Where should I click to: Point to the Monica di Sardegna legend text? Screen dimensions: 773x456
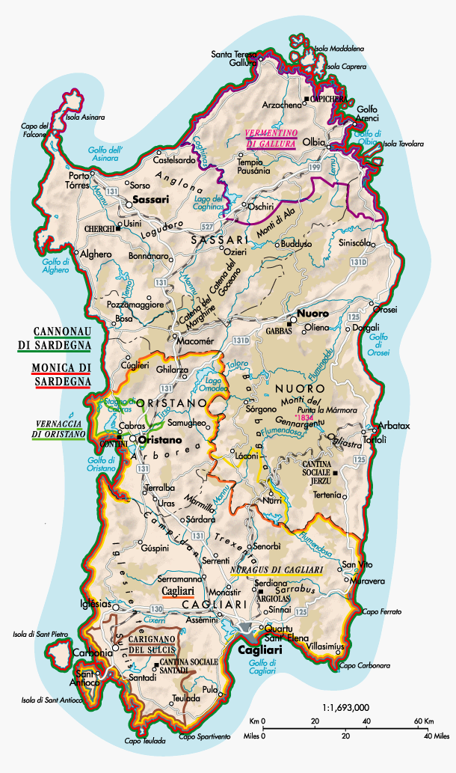pos(61,373)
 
